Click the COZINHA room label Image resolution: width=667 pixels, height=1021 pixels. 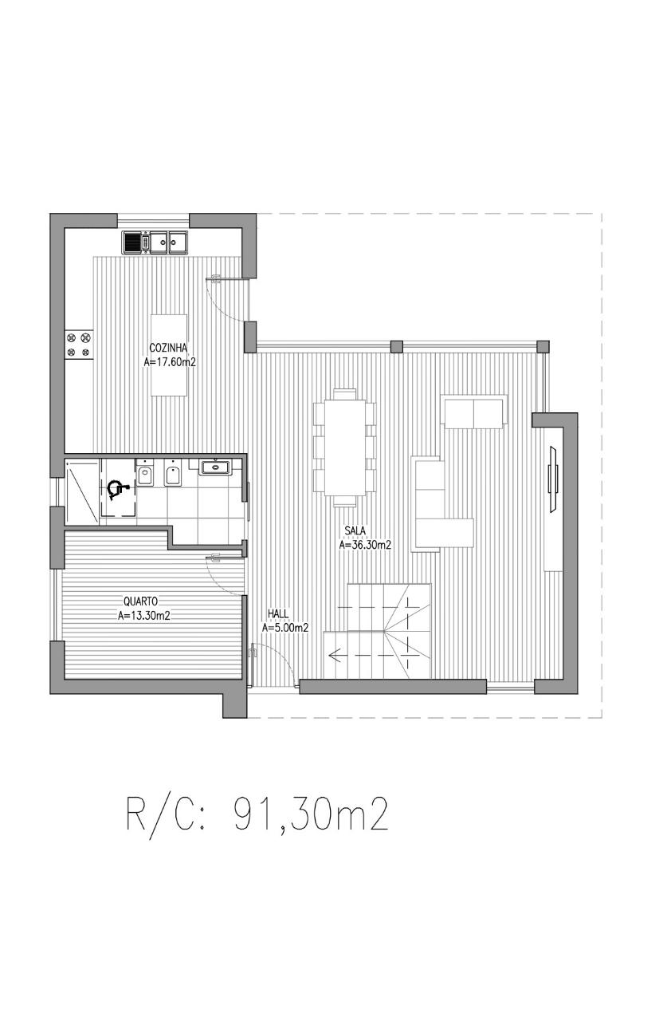tap(168, 349)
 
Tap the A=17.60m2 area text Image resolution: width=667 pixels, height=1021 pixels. tap(170, 363)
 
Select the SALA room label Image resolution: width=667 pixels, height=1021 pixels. tap(355, 530)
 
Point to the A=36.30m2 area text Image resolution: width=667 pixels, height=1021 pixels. tap(365, 545)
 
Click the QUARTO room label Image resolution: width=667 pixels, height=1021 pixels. tap(140, 601)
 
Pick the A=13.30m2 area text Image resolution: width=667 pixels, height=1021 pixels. tap(144, 616)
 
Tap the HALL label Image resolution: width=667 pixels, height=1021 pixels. tap(278, 614)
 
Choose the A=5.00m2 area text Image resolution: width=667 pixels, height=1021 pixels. tap(285, 628)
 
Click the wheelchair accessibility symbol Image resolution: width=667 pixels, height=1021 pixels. tap(117, 490)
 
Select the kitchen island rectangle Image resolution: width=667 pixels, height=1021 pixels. tap(169, 355)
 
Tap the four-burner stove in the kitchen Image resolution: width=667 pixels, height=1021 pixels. tap(79, 345)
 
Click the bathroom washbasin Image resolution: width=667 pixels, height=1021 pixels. tap(216, 467)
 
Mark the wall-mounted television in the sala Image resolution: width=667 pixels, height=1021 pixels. tap(554, 479)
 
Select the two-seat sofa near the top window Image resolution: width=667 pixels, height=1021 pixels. tap(475, 412)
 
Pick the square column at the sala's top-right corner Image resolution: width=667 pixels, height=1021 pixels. tap(543, 346)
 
